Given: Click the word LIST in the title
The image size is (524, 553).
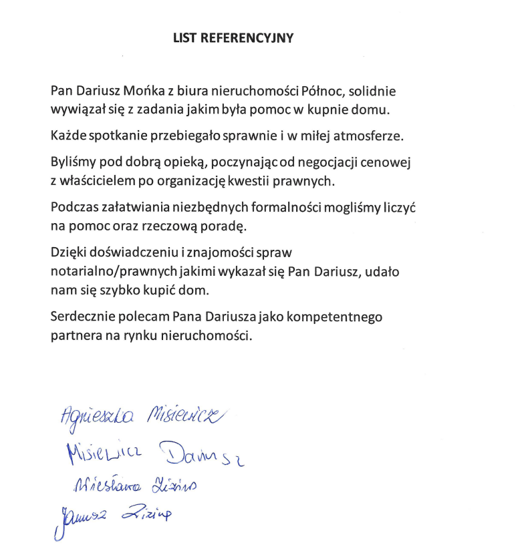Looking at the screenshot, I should click(184, 38).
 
